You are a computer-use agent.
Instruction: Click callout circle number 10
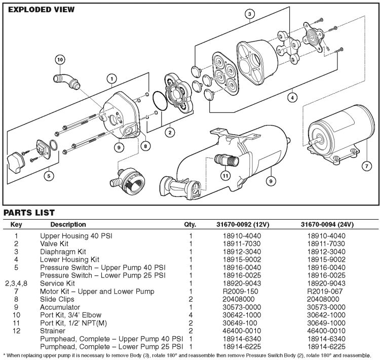60,59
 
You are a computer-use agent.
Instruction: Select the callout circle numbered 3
250,14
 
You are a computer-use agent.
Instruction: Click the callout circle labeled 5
48,176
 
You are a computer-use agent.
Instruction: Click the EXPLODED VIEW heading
41,9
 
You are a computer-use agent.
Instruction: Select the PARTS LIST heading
29,212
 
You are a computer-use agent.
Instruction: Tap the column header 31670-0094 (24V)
326,224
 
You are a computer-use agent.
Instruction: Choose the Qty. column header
191,224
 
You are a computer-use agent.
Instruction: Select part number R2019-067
326,292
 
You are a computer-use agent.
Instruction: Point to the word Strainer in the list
52,331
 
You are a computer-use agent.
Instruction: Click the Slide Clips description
56,300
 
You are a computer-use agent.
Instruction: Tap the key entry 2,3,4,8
17,285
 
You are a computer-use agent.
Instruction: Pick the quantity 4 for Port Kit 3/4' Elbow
191,315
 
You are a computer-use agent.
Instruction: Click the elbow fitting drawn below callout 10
66,81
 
